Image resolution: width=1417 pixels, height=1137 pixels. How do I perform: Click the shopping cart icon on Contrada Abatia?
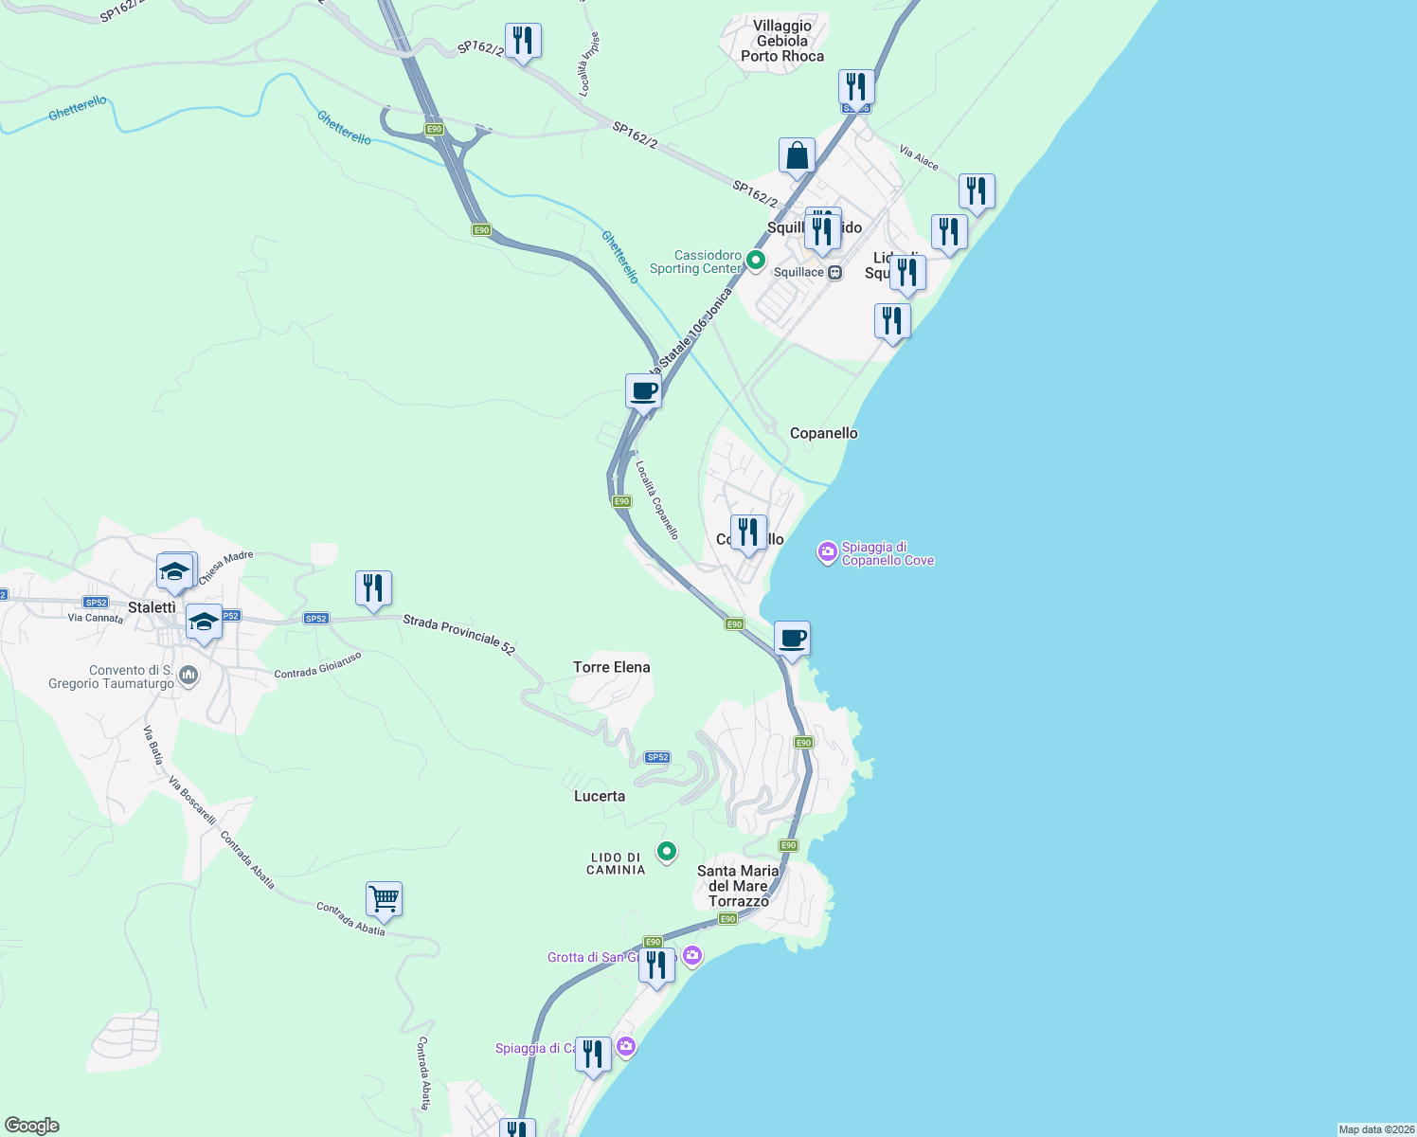[x=384, y=898]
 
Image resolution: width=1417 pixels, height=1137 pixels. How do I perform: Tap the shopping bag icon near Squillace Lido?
[x=797, y=156]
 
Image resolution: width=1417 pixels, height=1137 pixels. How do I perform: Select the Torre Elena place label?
[x=612, y=667]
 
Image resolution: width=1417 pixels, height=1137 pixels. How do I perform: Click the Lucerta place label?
[x=600, y=796]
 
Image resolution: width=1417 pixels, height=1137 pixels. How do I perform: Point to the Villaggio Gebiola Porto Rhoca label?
[x=782, y=41]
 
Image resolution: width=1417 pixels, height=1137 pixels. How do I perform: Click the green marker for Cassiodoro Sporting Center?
[x=755, y=260]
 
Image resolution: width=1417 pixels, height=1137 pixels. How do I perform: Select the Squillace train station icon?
[x=834, y=273]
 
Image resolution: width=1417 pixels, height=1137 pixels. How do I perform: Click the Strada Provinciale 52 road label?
[x=458, y=635]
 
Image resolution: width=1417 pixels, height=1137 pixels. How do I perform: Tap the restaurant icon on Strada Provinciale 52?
[x=373, y=588]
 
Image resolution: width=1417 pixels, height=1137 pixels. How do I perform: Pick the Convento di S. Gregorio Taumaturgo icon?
[x=188, y=676]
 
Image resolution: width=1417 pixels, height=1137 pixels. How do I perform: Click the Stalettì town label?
[x=152, y=607]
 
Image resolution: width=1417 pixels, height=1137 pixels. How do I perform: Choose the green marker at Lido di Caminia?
[x=667, y=852]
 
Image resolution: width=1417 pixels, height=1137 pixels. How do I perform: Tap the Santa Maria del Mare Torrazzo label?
[x=738, y=886]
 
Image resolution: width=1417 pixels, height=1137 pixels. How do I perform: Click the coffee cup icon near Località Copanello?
[x=643, y=391]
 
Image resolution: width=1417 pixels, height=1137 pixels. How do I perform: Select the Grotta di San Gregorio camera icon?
[x=692, y=955]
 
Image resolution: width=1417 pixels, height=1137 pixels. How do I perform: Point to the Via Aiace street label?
[x=919, y=158]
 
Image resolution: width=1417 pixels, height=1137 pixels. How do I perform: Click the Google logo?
[x=32, y=1126]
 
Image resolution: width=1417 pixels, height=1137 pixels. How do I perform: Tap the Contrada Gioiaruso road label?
[x=317, y=665]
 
